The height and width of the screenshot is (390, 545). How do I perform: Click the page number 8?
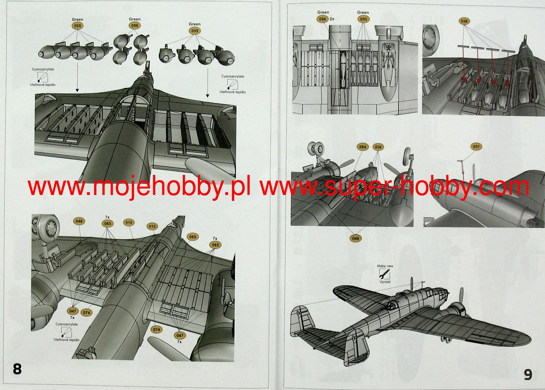[17, 369]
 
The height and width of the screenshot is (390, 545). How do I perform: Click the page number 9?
[528, 375]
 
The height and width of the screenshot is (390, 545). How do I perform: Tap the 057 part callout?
[476, 147]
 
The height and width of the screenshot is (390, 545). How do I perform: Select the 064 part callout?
[363, 147]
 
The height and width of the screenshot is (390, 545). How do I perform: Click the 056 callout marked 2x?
[322, 19]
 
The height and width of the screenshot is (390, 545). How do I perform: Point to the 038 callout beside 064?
[378, 147]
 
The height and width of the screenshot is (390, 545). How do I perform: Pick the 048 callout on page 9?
[355, 238]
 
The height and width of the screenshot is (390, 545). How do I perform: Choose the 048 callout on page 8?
[79, 221]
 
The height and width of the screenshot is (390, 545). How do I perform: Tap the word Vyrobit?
[385, 282]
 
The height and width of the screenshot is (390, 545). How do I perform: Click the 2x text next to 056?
[332, 19]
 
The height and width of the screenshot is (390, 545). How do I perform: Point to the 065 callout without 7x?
[193, 237]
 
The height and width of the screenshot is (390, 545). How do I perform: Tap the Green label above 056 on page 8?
[135, 19]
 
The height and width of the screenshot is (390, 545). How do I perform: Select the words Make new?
[385, 266]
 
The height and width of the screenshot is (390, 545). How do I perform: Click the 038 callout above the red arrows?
[464, 21]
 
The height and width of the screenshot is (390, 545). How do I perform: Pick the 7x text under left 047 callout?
[72, 318]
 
